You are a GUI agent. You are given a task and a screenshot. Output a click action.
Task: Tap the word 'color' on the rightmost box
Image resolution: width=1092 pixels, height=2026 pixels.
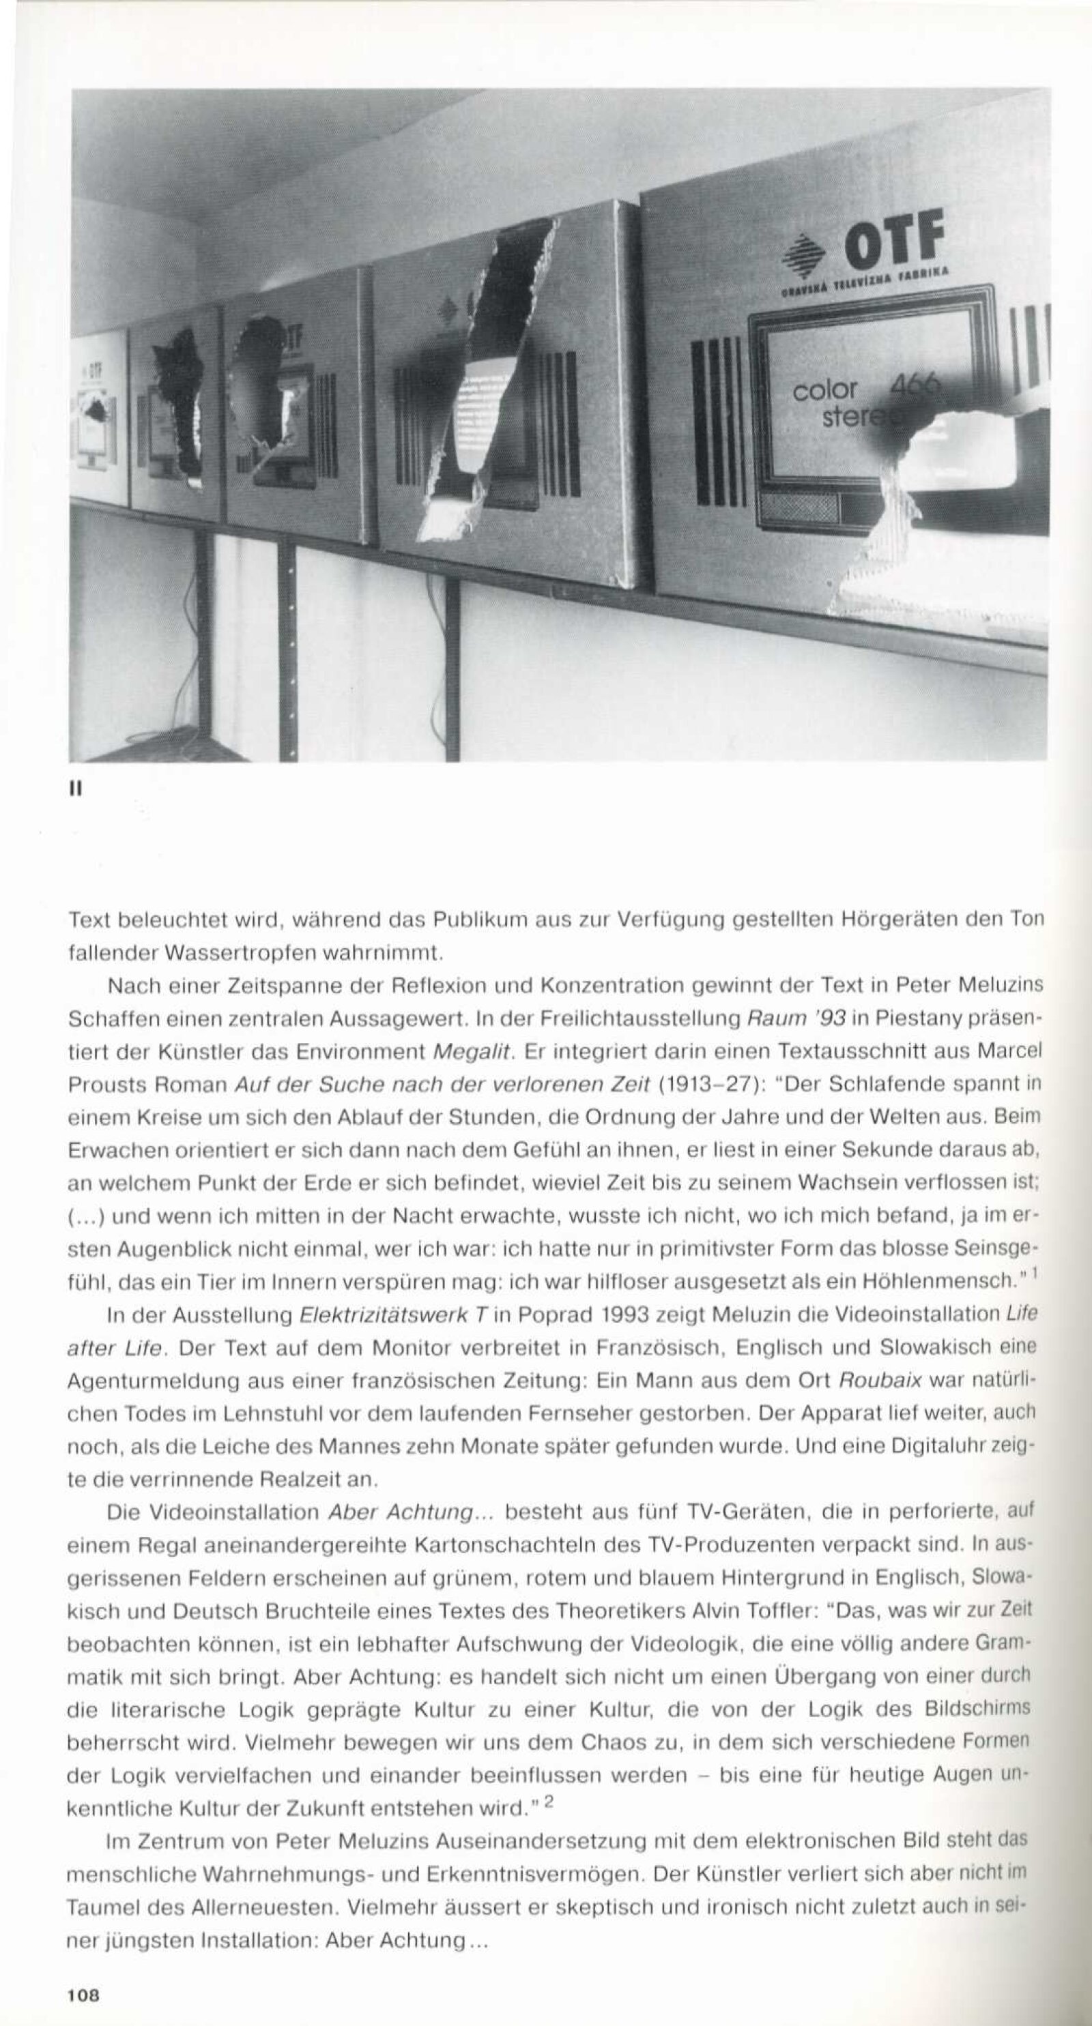pos(824,390)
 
